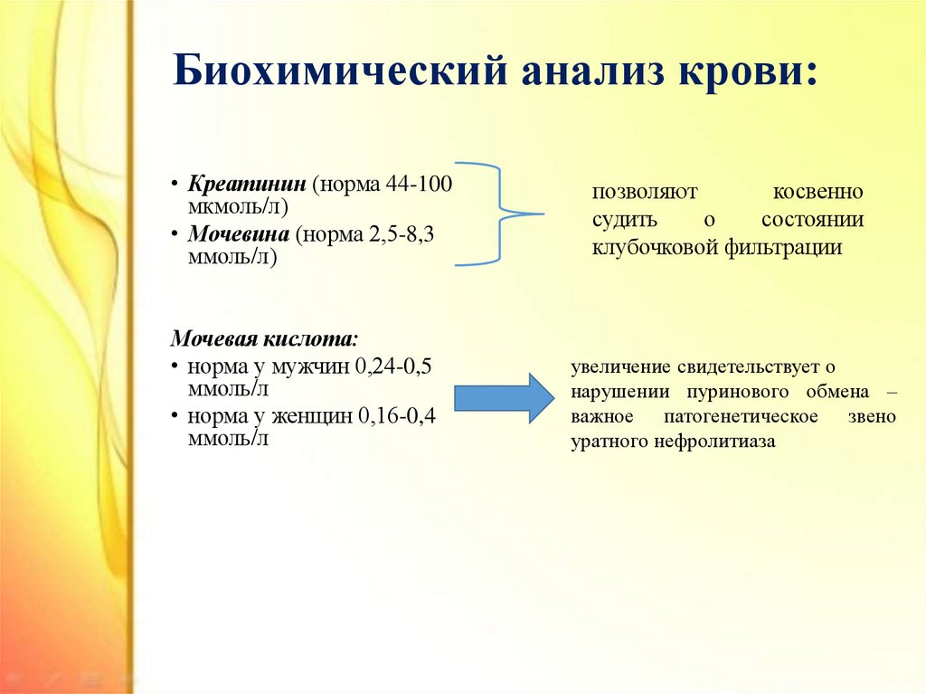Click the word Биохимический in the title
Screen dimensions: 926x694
340,71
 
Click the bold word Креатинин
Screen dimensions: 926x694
247,184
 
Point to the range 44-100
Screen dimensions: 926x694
419,184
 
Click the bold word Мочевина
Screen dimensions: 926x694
239,234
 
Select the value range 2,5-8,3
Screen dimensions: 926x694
402,234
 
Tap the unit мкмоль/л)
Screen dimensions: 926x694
238,207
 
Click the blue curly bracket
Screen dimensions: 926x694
500,214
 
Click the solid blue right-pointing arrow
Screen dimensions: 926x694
505,398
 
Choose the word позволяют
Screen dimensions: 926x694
644,192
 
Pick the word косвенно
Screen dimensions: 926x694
817,192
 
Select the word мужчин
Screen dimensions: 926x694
310,366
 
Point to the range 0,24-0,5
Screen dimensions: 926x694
393,366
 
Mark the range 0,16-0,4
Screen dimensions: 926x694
395,416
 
